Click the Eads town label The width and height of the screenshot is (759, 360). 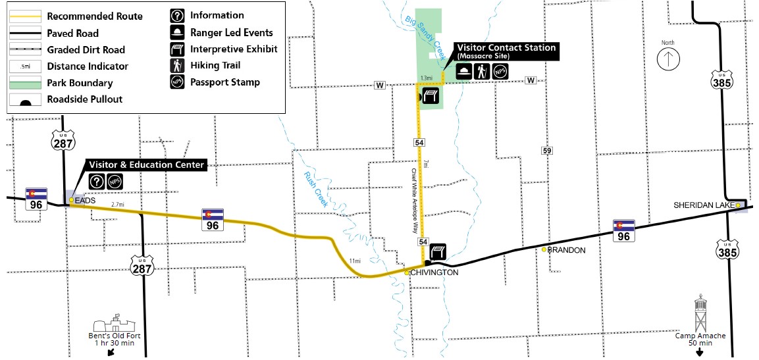pyautogui.click(x=86, y=199)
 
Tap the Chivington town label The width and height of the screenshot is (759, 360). pyautogui.click(x=433, y=272)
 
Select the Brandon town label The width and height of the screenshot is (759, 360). pyautogui.click(x=567, y=251)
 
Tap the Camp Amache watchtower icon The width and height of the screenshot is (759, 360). pyautogui.click(x=700, y=314)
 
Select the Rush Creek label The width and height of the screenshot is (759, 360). pyautogui.click(x=316, y=189)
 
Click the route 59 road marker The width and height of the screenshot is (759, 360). pyautogui.click(x=547, y=151)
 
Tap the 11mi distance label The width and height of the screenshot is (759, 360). pyautogui.click(x=355, y=261)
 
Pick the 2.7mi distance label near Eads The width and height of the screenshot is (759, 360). pyautogui.click(x=118, y=205)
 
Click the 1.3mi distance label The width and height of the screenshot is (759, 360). pyautogui.click(x=427, y=78)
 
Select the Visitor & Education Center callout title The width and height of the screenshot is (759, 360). pyautogui.click(x=146, y=165)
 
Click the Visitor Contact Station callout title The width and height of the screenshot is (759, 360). pyautogui.click(x=506, y=48)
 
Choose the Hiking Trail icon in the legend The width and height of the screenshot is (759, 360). pyautogui.click(x=176, y=66)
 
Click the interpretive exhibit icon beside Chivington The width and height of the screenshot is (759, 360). pyautogui.click(x=438, y=251)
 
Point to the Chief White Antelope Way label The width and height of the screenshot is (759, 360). pyautogui.click(x=414, y=205)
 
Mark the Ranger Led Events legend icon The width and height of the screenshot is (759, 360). pyautogui.click(x=176, y=32)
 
